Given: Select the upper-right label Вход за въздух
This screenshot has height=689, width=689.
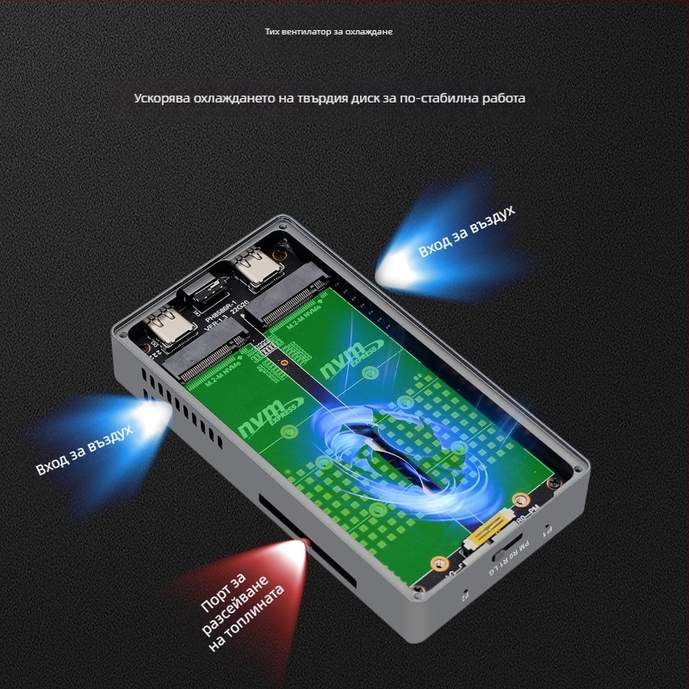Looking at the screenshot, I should pyautogui.click(x=467, y=232).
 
